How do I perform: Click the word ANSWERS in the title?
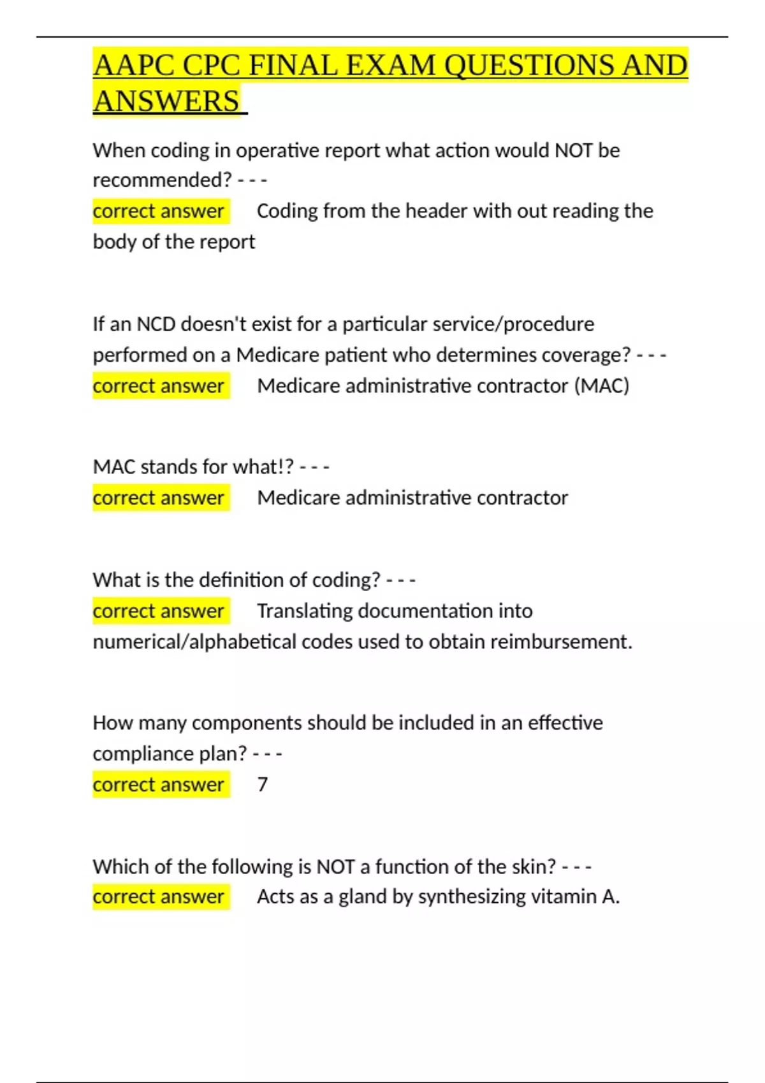point(166,101)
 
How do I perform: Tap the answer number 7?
point(262,784)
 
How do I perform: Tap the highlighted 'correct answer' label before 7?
point(158,784)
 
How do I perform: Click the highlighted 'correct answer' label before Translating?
point(158,611)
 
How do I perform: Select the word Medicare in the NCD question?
point(277,355)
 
